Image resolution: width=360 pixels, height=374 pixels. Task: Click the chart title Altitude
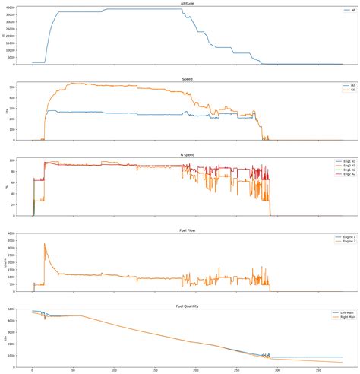(186, 4)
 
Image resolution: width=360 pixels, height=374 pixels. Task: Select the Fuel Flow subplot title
(186, 227)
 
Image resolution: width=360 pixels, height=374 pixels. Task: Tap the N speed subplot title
(186, 153)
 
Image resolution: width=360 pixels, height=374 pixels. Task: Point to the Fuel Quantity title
(186, 302)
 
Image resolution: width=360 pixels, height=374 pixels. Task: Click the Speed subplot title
(186, 78)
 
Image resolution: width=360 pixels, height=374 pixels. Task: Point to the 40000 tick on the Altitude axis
(14, 8)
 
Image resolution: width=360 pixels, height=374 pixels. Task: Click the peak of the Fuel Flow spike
(45, 244)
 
